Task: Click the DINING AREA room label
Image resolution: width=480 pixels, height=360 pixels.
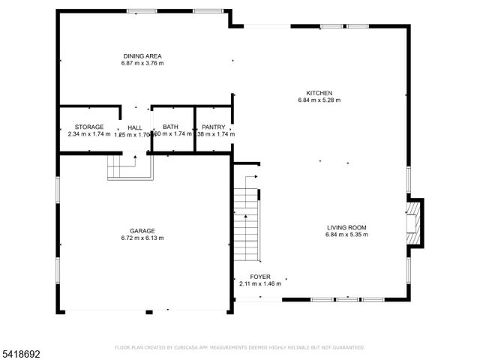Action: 142,56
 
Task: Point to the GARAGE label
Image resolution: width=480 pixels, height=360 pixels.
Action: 142,231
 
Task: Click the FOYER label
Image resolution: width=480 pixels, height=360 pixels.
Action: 260,277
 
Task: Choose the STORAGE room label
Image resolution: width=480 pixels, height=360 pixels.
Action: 88,127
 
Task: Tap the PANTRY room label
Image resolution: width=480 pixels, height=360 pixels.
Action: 213,127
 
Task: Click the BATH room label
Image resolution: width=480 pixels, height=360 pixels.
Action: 170,127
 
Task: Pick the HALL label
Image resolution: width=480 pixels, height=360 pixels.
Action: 134,128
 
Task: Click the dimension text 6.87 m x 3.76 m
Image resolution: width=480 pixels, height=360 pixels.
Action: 142,63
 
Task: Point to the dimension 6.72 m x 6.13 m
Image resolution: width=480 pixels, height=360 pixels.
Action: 142,238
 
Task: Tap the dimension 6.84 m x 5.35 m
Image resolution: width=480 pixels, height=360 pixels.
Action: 346,235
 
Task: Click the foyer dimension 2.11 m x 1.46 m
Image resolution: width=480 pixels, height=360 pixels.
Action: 260,283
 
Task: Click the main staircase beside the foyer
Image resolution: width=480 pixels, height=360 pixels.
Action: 245,217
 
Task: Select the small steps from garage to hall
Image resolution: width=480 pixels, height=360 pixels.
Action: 120,166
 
